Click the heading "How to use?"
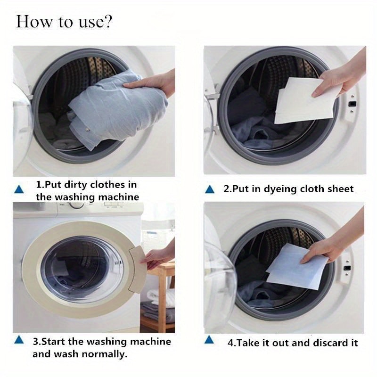coord(64,22)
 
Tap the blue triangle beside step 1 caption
coord(19,189)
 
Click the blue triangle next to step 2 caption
coord(210,189)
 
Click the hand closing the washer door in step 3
coord(158,257)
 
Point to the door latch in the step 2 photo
coord(351,102)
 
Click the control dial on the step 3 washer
coord(76,205)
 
